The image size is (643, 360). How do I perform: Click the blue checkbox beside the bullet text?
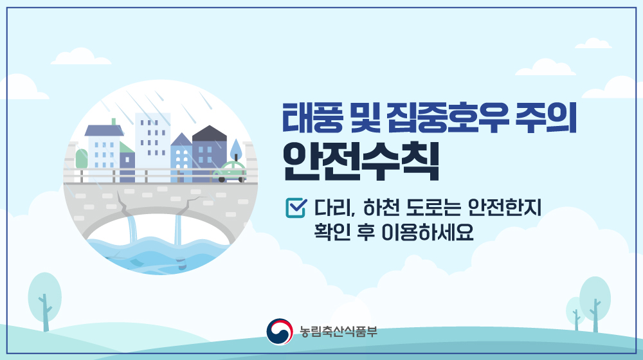295,208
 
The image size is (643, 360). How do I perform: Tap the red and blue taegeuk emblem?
279,331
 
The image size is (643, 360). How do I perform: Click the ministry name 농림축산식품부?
338,331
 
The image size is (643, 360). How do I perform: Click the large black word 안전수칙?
361,161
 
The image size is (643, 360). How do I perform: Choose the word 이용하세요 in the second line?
428,232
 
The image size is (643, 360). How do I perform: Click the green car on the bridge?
230,172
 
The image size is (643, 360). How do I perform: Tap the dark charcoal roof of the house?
210,133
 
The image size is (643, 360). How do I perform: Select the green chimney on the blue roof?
114,122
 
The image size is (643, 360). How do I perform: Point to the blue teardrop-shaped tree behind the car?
236,149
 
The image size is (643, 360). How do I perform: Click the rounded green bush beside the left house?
82,158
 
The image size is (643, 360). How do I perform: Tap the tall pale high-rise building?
152,141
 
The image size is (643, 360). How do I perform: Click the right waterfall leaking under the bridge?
178,230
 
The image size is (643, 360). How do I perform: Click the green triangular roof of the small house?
126,147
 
